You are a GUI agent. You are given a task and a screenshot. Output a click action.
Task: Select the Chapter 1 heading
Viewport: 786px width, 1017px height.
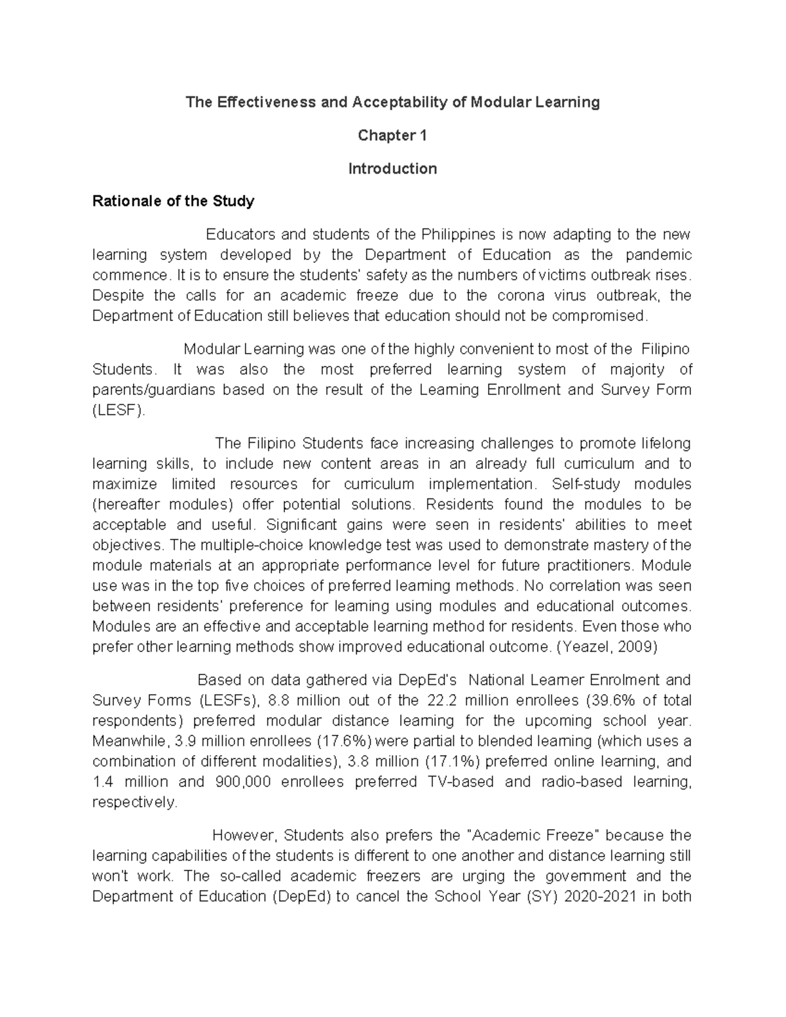[x=392, y=136]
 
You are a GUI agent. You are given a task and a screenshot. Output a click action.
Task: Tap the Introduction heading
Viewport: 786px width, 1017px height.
[x=392, y=169]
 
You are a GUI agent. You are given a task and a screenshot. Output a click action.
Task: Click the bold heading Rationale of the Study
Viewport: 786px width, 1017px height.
[x=173, y=201]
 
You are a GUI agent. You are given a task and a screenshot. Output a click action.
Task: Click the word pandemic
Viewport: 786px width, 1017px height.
[x=659, y=255]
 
